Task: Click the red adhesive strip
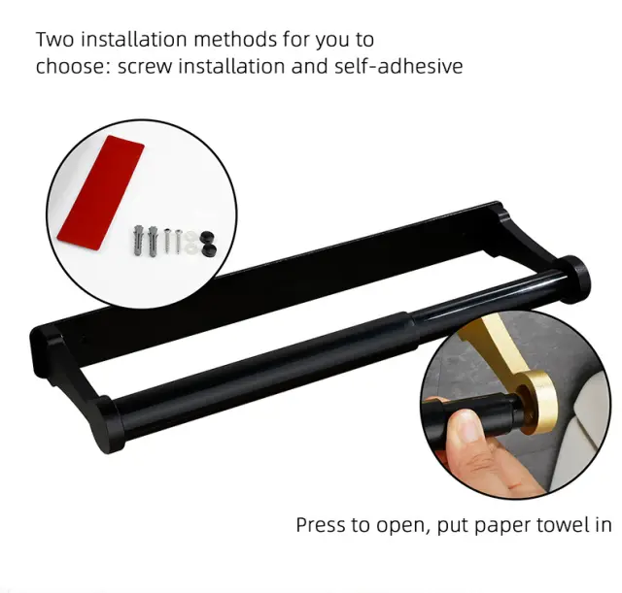pyautogui.click(x=100, y=192)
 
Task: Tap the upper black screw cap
pyautogui.click(x=206, y=238)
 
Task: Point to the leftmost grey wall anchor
pyautogui.click(x=138, y=241)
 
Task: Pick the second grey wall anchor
pyautogui.click(x=153, y=242)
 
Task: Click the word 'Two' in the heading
pyautogui.click(x=55, y=40)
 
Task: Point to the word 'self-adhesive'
pyautogui.click(x=398, y=66)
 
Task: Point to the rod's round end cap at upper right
pyautogui.click(x=574, y=279)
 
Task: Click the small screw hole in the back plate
pyautogui.click(x=84, y=340)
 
